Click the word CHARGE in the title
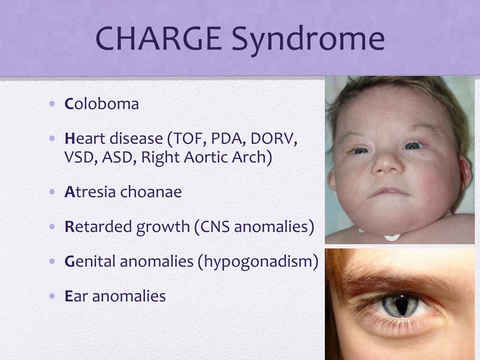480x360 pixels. (158, 38)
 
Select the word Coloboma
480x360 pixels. (102, 104)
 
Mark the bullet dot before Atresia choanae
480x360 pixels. (52, 192)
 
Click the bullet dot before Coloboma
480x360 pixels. (52, 104)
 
